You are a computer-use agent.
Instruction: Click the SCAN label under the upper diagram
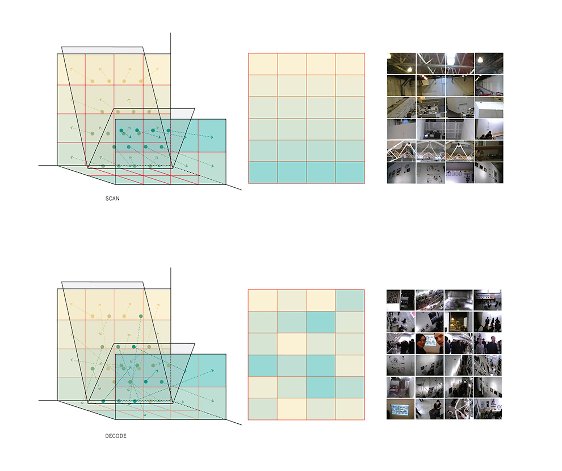point(112,199)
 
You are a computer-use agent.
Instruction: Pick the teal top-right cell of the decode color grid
point(350,300)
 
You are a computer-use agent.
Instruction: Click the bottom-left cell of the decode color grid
point(263,409)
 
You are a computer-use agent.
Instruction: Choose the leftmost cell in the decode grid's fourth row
point(263,366)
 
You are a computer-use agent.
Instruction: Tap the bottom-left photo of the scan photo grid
point(401,173)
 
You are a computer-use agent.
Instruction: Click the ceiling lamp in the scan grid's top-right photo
point(480,59)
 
